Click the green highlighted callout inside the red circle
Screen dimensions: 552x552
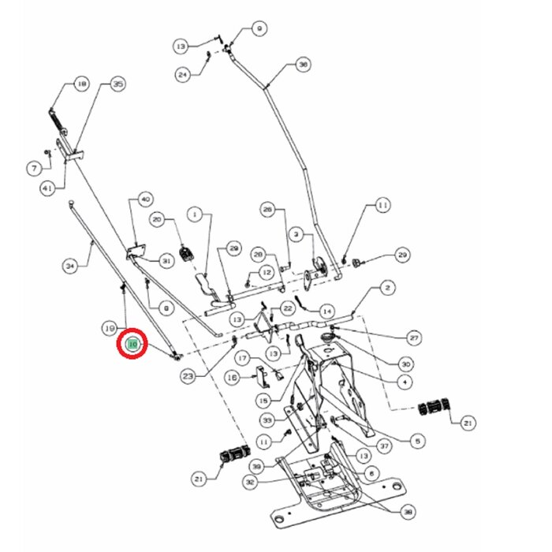tap(132, 344)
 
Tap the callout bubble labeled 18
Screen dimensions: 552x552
tap(80, 84)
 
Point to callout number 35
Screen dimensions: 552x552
tap(117, 84)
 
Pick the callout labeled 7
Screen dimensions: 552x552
tap(34, 169)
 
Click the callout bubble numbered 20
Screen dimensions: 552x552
tap(157, 220)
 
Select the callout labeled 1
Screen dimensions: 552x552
tap(193, 213)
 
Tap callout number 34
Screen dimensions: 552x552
tap(70, 267)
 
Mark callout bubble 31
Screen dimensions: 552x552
tap(166, 261)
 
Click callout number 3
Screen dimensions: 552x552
tap(295, 235)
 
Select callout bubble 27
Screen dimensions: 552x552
tap(414, 336)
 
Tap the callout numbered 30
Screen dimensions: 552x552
tap(406, 364)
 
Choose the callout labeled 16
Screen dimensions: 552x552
tap(232, 378)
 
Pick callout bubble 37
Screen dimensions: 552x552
tap(384, 446)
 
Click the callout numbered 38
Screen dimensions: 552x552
tap(408, 513)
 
